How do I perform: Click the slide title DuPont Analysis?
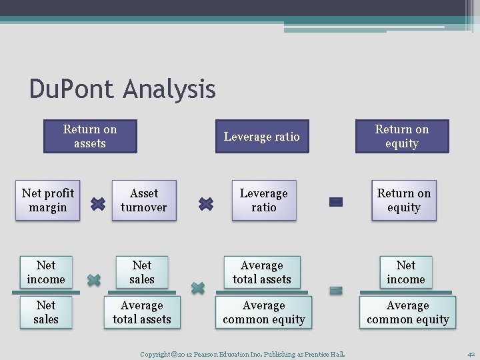point(123,89)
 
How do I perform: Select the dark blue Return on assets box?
point(90,136)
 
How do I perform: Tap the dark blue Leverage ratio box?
point(262,137)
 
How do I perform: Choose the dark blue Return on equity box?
point(402,136)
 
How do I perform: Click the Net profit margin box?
point(48,200)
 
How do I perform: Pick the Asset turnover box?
point(144,200)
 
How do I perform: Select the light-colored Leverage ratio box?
point(263,200)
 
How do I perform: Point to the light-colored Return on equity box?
point(404,200)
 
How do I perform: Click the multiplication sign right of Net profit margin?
point(97,203)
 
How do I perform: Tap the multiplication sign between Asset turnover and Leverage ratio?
point(206,203)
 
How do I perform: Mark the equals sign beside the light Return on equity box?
point(336,201)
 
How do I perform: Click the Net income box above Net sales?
point(46,272)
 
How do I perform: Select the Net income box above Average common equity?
point(406,272)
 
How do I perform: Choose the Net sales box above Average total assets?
point(142,272)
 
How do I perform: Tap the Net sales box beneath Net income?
point(46,312)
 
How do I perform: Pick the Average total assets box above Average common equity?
point(262,272)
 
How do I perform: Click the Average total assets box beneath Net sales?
point(142,312)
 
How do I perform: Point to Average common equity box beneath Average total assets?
point(264,312)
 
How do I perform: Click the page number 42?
point(471,354)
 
